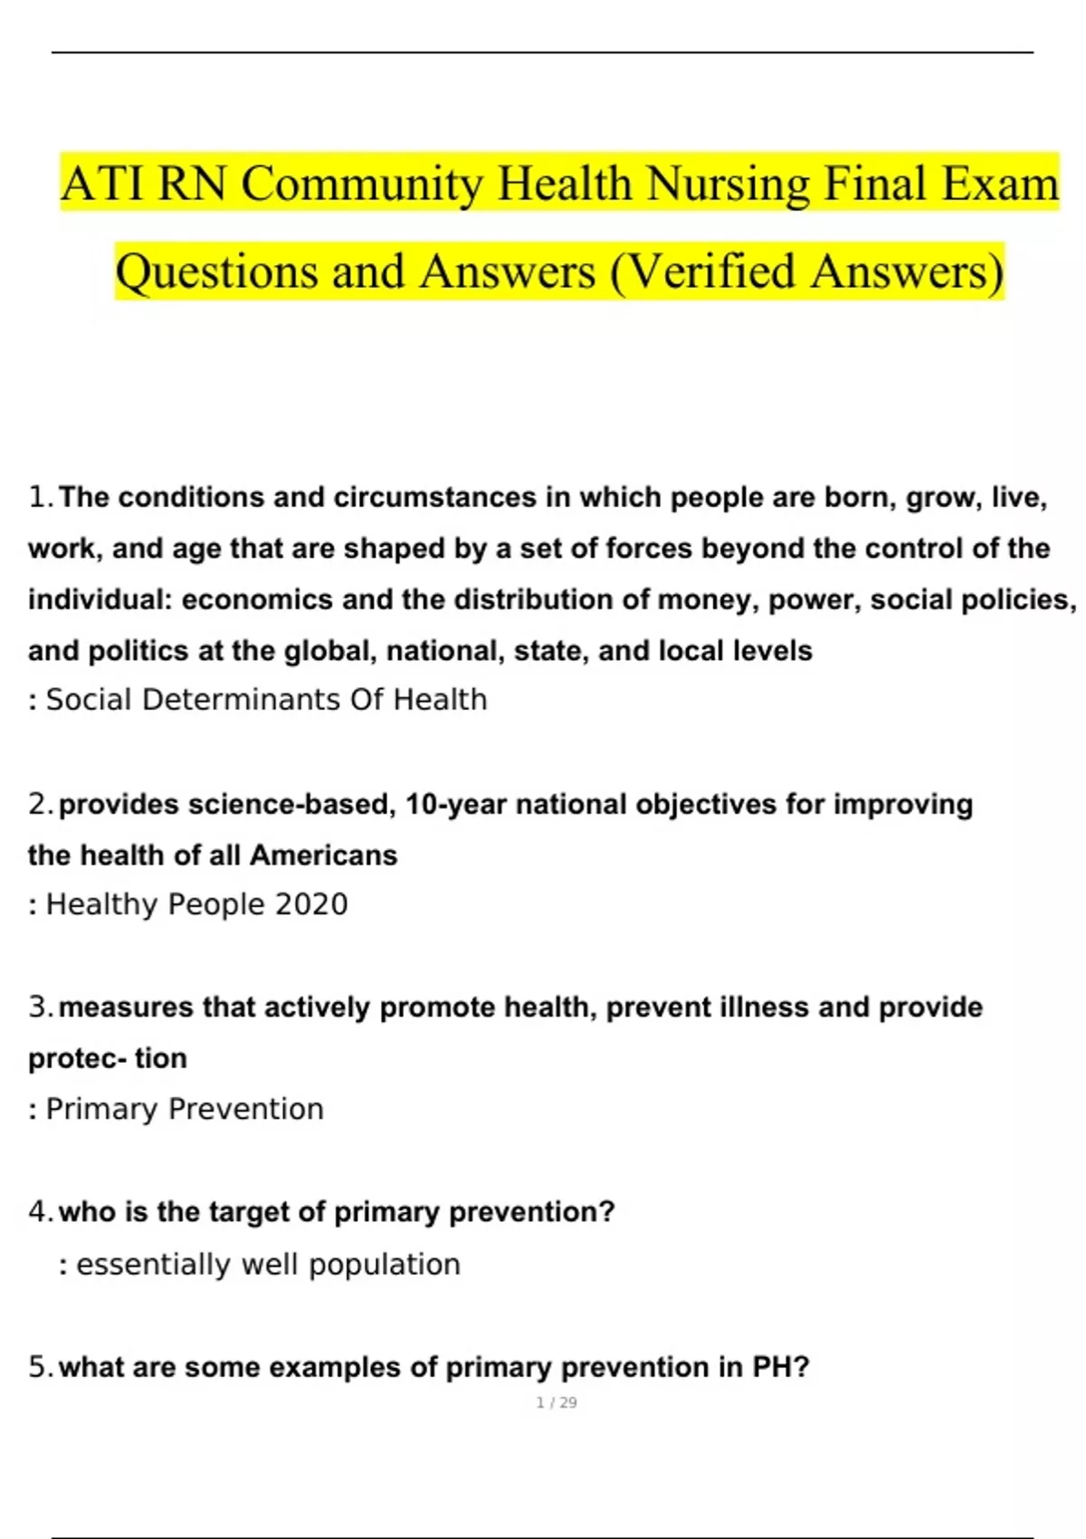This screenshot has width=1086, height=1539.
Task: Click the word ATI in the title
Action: click(102, 184)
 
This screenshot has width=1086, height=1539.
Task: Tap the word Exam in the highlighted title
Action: click(1000, 184)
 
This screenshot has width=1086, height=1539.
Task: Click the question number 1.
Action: click(40, 497)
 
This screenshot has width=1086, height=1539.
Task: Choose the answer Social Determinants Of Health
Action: click(266, 700)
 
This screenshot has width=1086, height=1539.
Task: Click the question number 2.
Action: click(40, 804)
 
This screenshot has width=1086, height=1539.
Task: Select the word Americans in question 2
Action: click(323, 855)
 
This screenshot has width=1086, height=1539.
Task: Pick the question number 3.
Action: click(40, 1007)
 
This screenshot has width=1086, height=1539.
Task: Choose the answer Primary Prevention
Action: click(185, 1109)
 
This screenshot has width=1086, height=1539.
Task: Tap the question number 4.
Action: click(40, 1211)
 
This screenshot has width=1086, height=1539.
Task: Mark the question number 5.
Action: click(40, 1367)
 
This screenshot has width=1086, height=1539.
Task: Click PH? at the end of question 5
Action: click(780, 1367)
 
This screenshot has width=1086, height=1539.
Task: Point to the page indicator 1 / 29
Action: click(557, 1402)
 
